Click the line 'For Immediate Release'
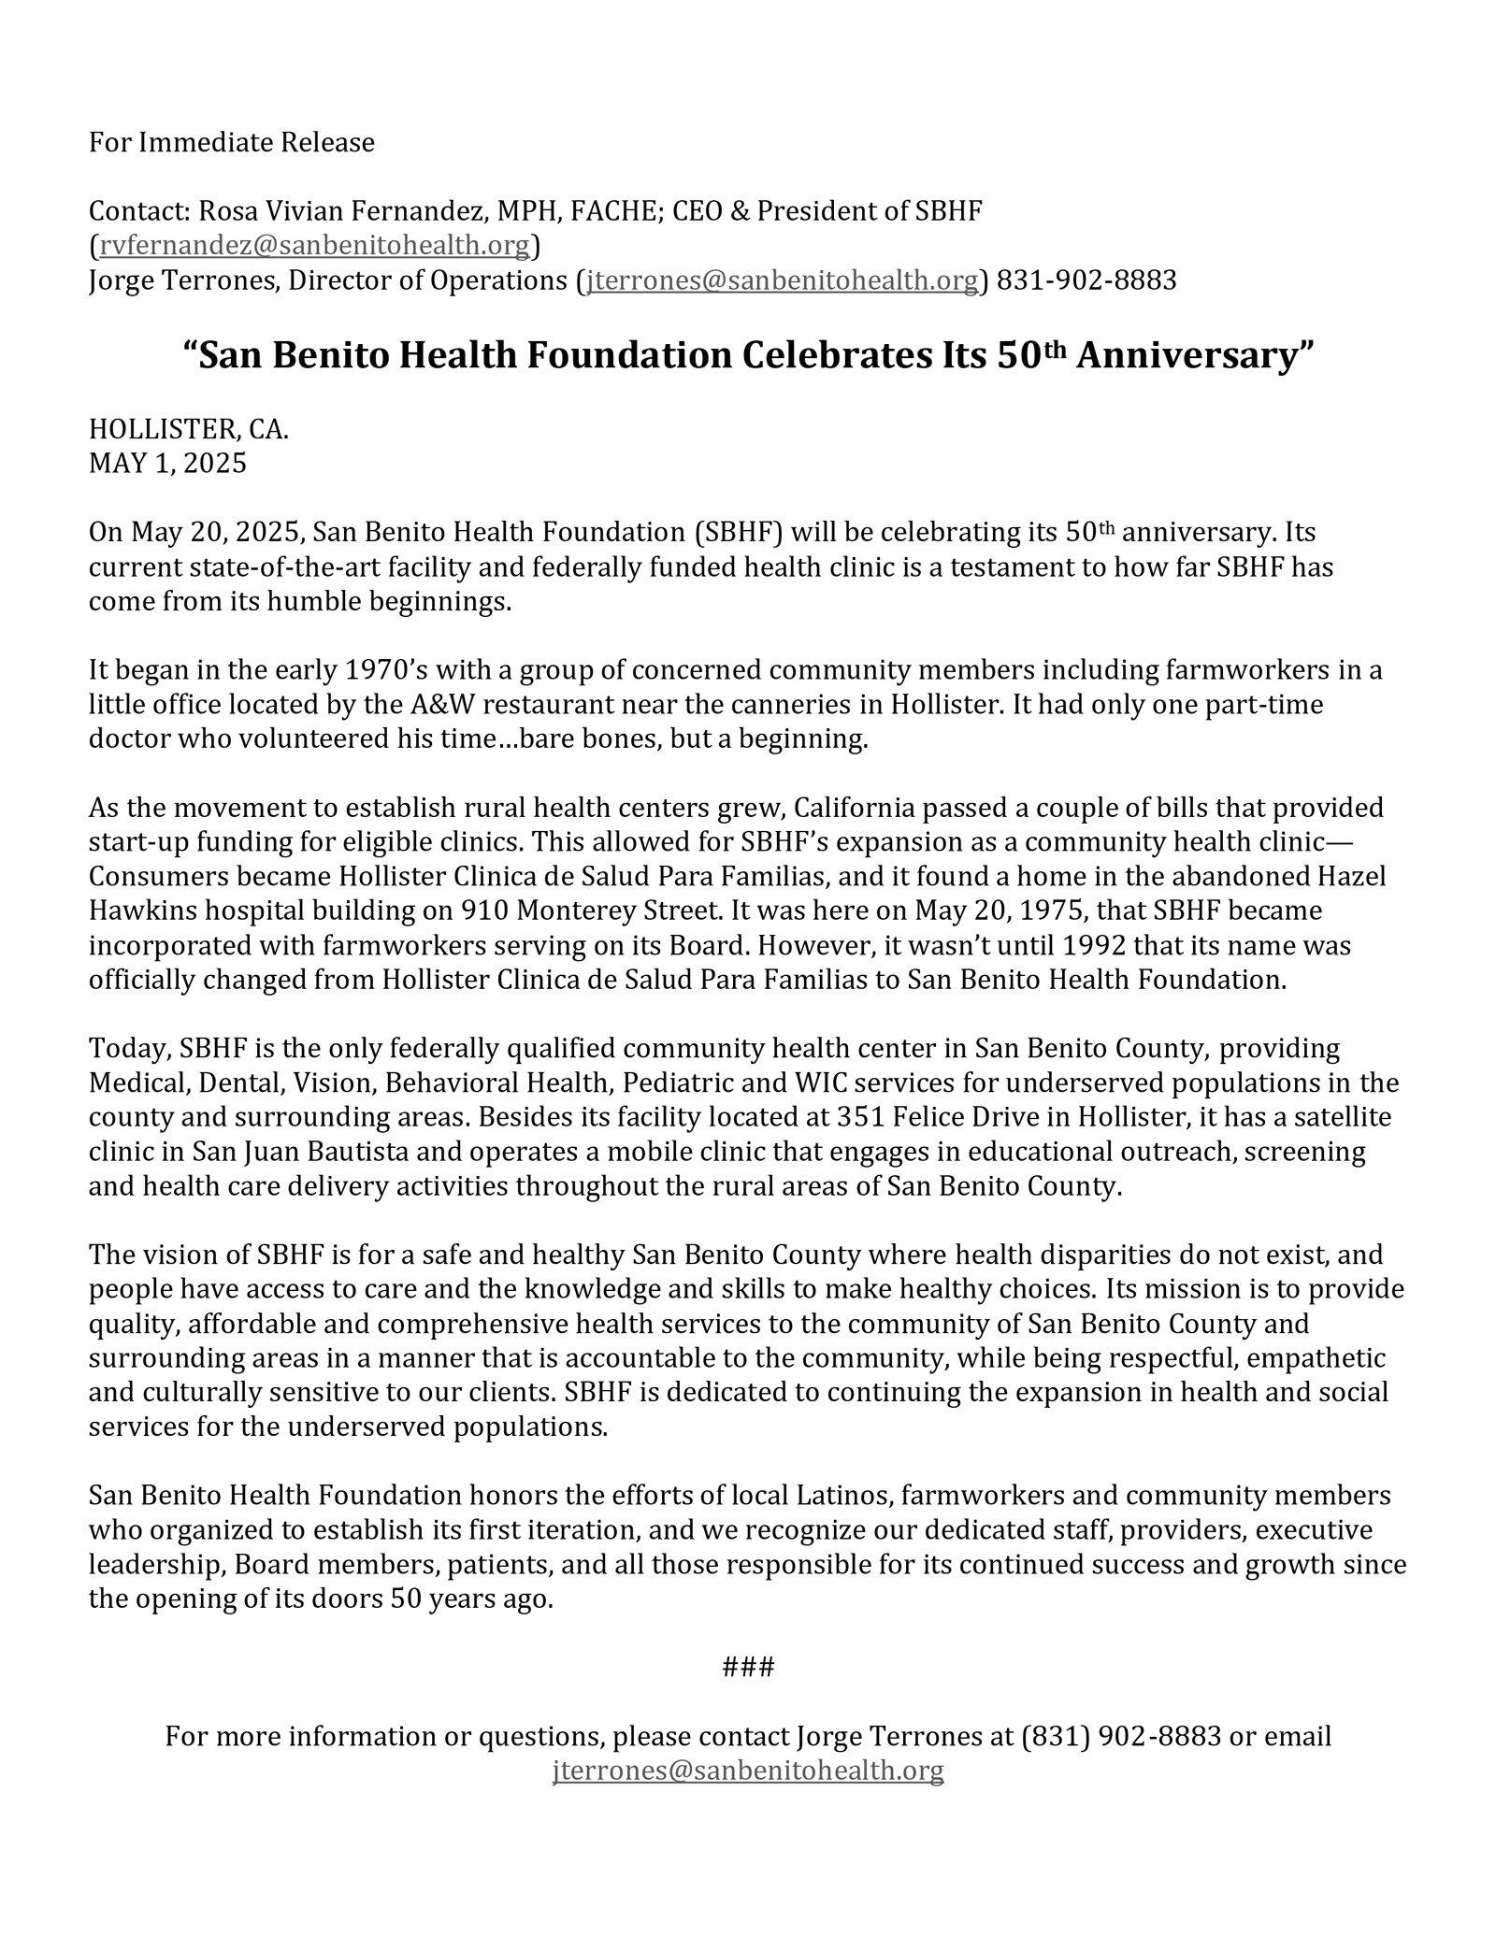pyautogui.click(x=231, y=143)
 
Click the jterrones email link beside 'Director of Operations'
pyautogui.click(x=782, y=280)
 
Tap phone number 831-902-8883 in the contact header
pyautogui.click(x=1086, y=280)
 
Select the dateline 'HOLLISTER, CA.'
pyautogui.click(x=189, y=429)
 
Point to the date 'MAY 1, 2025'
pyautogui.click(x=167, y=464)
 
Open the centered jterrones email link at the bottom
pyautogui.click(x=748, y=1771)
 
